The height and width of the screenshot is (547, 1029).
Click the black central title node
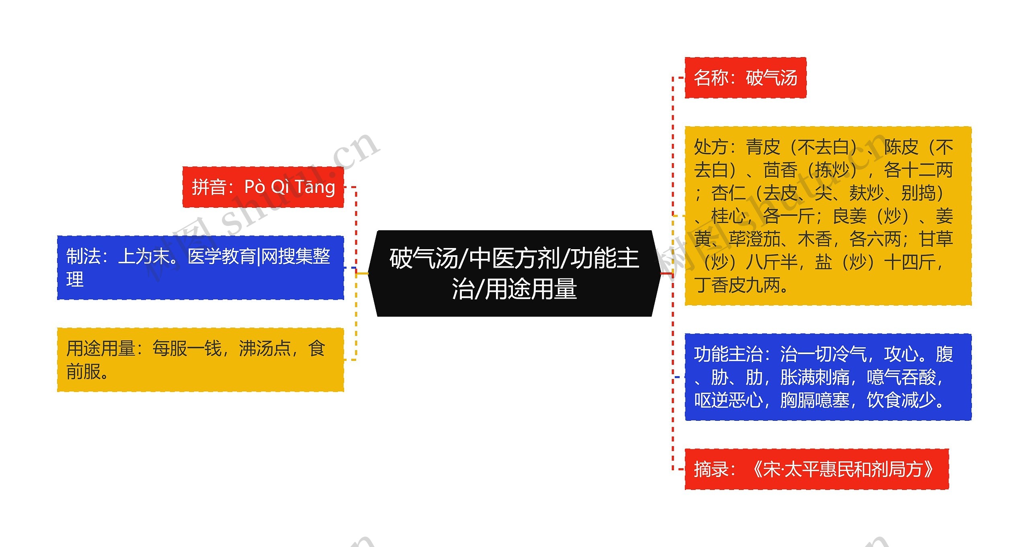[x=514, y=273]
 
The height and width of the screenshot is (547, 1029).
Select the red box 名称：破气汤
[x=745, y=78]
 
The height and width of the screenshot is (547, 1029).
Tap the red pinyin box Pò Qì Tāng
[x=263, y=187]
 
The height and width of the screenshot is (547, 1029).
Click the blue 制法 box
[x=200, y=268]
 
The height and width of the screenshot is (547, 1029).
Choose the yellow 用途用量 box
[x=200, y=360]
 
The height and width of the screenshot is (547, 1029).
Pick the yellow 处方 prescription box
[x=828, y=216]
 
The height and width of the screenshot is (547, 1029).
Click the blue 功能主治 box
[x=828, y=377]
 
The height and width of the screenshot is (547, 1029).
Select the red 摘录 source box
[x=816, y=469]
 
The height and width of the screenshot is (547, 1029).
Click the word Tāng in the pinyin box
[x=315, y=187]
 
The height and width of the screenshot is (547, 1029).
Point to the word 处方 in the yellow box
[x=711, y=147]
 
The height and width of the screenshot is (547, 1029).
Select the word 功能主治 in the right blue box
[x=728, y=354]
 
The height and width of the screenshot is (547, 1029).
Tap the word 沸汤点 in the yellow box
[x=265, y=348]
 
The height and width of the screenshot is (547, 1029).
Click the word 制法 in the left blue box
[x=83, y=256]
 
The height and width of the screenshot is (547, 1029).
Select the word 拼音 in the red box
[x=209, y=187]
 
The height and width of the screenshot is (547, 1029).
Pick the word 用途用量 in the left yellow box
[x=101, y=348]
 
